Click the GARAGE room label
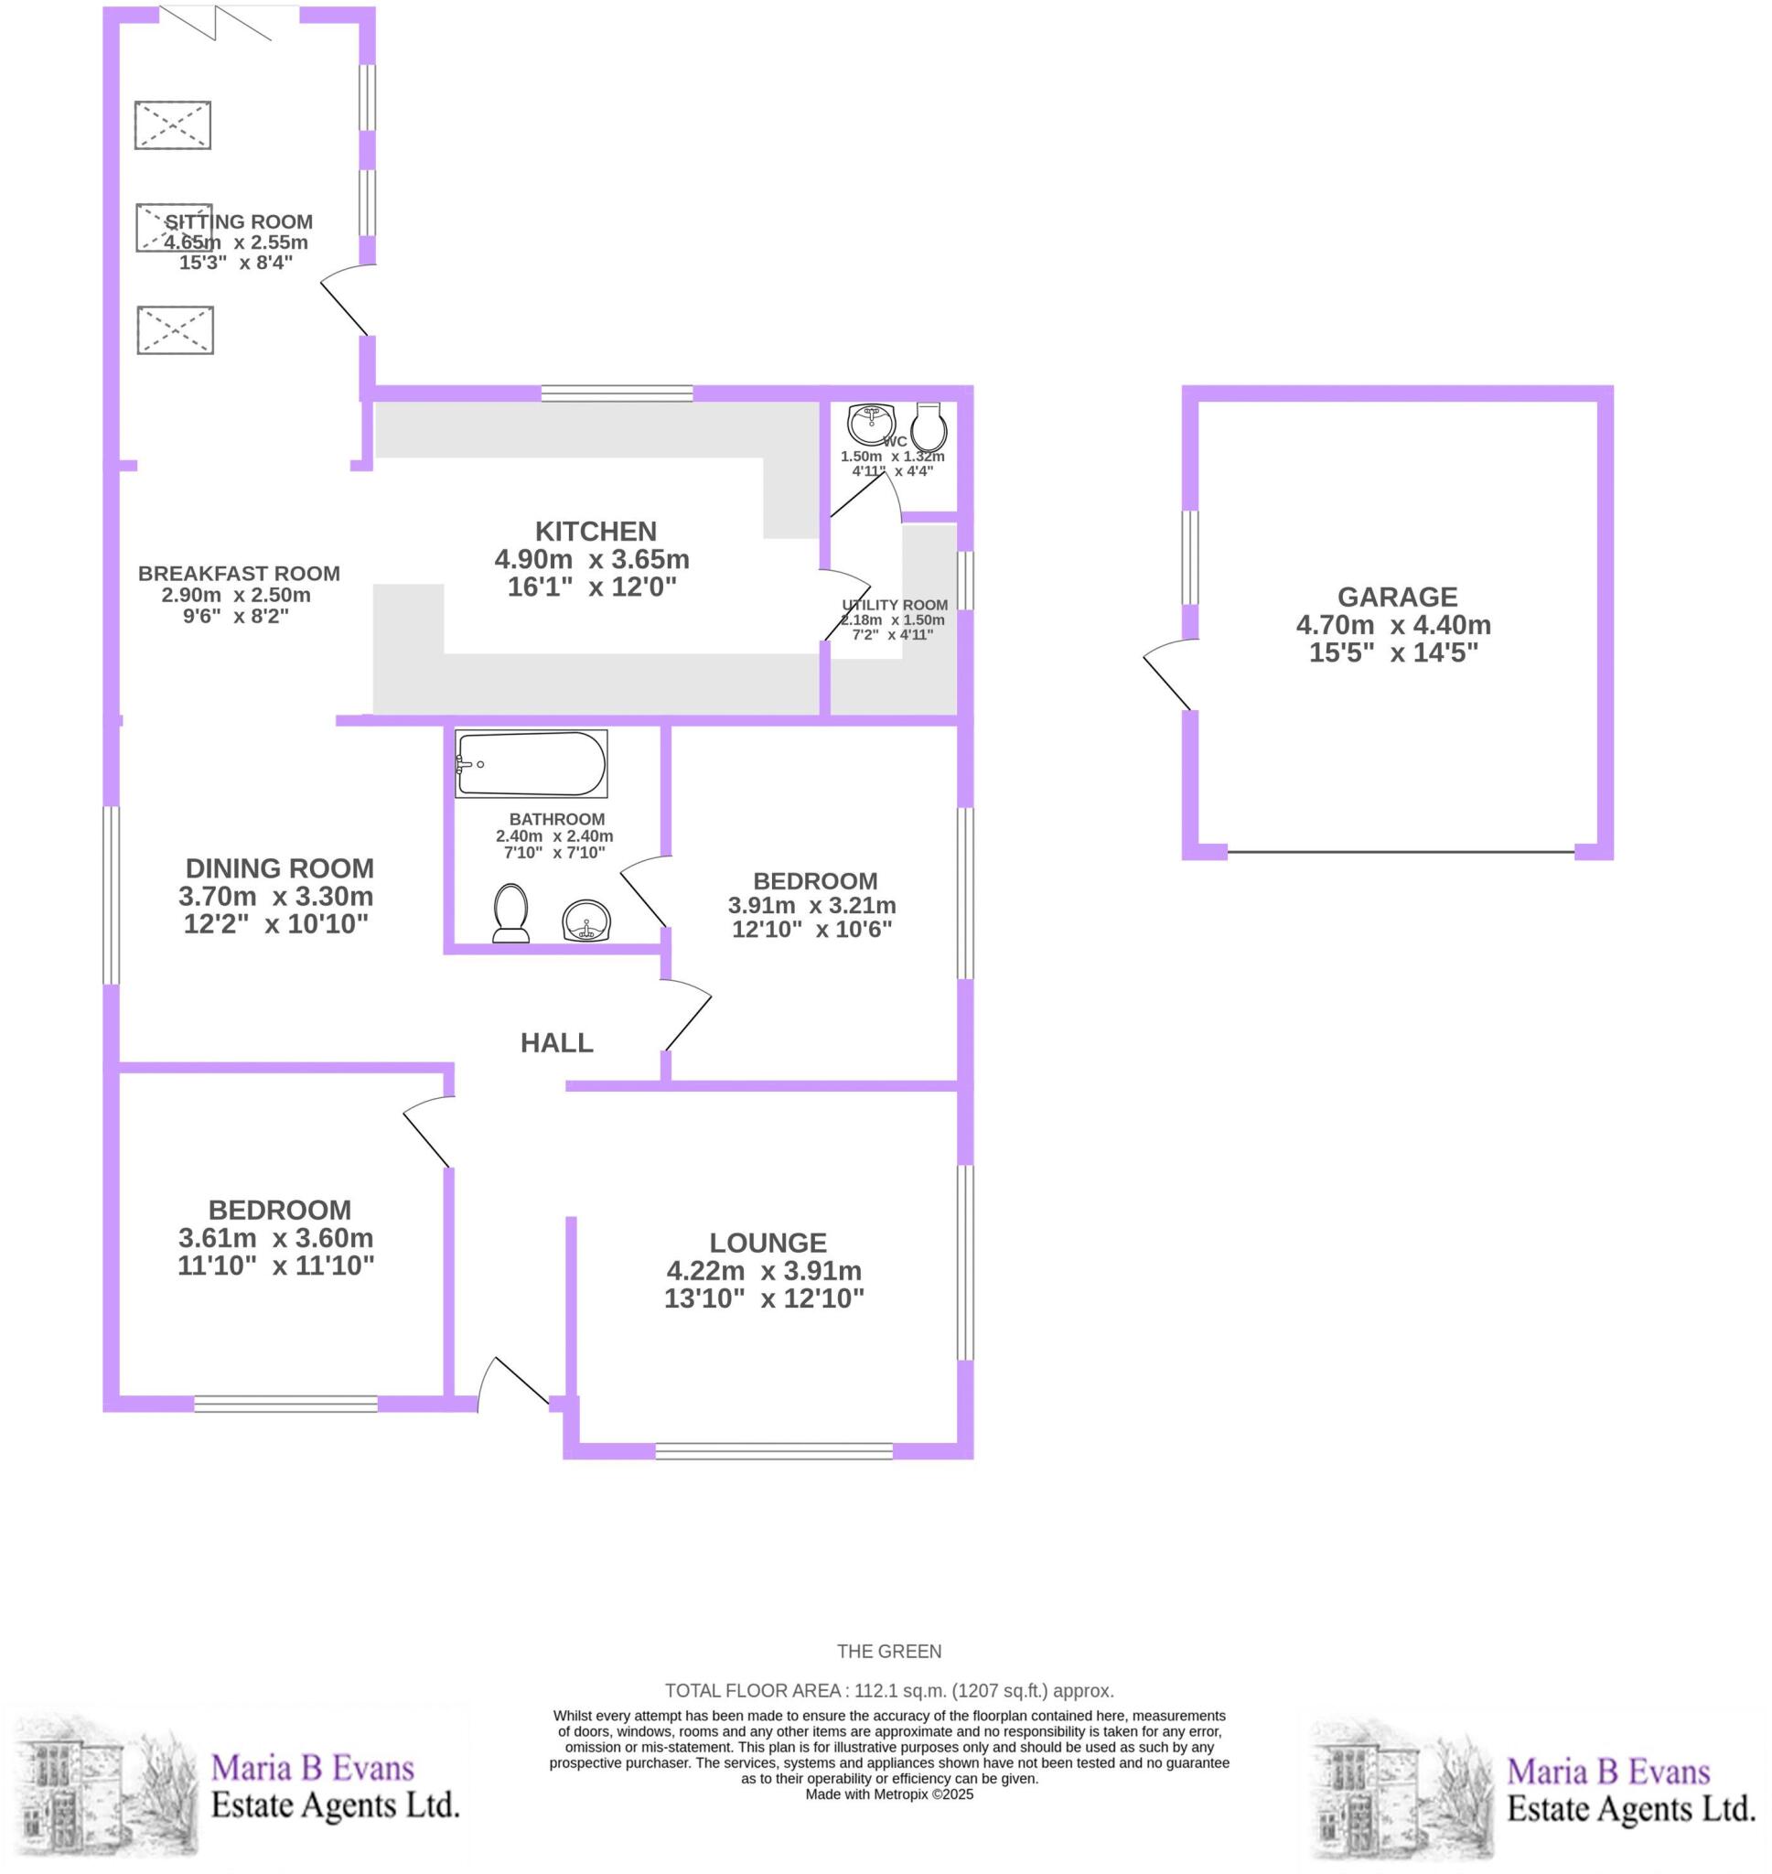click(x=1396, y=597)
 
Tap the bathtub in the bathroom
click(x=531, y=763)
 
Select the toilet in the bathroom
click(x=511, y=913)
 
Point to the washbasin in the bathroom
click(x=586, y=920)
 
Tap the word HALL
click(x=556, y=1043)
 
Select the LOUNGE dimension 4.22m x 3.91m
click(x=763, y=1270)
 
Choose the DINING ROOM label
click(x=280, y=868)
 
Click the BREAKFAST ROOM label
click(x=239, y=574)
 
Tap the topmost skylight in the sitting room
click(x=173, y=124)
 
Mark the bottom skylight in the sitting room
click(x=175, y=329)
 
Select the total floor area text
click(x=889, y=1691)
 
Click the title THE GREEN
click(x=889, y=1651)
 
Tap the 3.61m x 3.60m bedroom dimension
click(x=275, y=1237)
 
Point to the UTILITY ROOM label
click(x=895, y=606)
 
